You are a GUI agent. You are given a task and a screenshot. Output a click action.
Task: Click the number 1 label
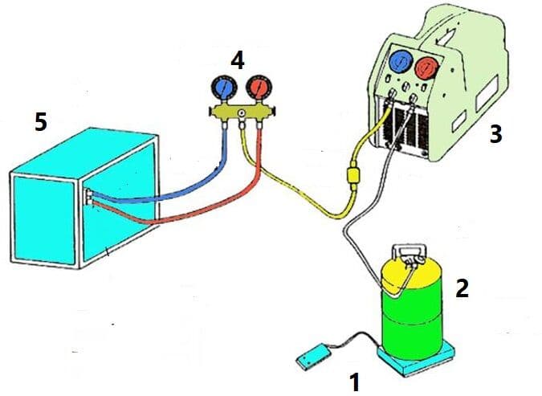(355, 382)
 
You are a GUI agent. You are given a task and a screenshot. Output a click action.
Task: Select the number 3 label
(495, 134)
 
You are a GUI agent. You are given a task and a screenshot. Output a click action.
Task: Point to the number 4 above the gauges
(238, 60)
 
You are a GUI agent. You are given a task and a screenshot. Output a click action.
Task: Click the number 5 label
(41, 122)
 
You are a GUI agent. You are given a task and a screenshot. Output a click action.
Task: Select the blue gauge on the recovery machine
(401, 61)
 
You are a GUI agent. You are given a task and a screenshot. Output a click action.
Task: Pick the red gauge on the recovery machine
(427, 67)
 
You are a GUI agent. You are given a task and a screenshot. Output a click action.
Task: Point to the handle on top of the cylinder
(408, 252)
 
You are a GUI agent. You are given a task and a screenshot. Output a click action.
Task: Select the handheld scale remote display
(314, 357)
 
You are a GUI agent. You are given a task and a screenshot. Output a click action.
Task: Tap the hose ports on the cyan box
(88, 197)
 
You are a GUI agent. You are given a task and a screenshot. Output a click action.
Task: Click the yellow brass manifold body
(242, 112)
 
